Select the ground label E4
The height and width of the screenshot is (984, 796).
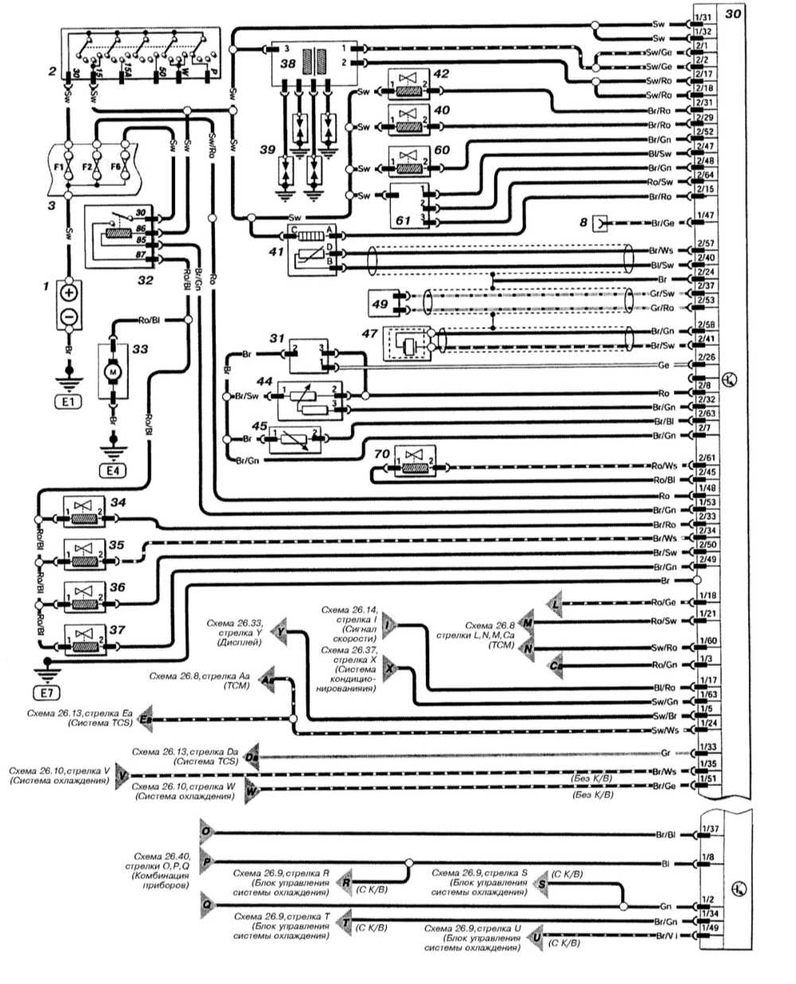(114, 469)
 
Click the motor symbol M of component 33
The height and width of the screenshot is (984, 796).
(114, 370)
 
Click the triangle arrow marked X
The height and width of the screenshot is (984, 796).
(389, 670)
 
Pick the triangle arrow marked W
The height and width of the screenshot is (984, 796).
(252, 792)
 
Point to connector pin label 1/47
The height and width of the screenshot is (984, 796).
(704, 216)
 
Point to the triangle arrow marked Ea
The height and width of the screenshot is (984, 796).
(146, 719)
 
